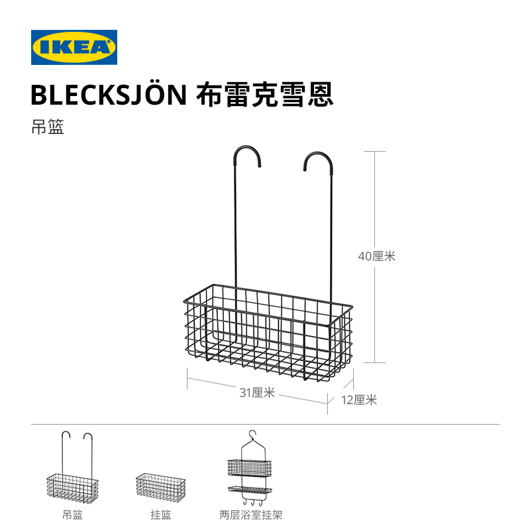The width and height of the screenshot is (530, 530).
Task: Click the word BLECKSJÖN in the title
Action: point(109,95)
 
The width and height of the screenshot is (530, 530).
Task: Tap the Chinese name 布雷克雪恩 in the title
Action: point(265,95)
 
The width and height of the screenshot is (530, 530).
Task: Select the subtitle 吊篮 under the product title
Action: point(47,127)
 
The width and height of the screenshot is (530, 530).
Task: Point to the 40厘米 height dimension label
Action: point(376,256)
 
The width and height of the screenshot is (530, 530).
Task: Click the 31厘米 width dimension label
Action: point(257,392)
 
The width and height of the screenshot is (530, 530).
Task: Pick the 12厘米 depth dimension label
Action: point(359,399)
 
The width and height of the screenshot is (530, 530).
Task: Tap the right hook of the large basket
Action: point(318,159)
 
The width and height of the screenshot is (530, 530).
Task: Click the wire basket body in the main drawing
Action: point(265,328)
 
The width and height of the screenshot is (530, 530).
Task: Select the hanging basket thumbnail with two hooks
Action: point(72,467)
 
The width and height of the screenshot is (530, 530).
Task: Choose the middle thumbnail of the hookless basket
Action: point(161,486)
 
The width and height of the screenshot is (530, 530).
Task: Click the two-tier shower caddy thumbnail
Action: point(250,467)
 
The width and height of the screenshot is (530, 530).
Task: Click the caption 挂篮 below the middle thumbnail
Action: point(161,514)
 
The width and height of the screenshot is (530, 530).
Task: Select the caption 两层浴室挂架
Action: point(250,514)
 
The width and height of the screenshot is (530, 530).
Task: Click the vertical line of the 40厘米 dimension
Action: point(376,199)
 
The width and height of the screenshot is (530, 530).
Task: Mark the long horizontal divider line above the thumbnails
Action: point(265,424)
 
